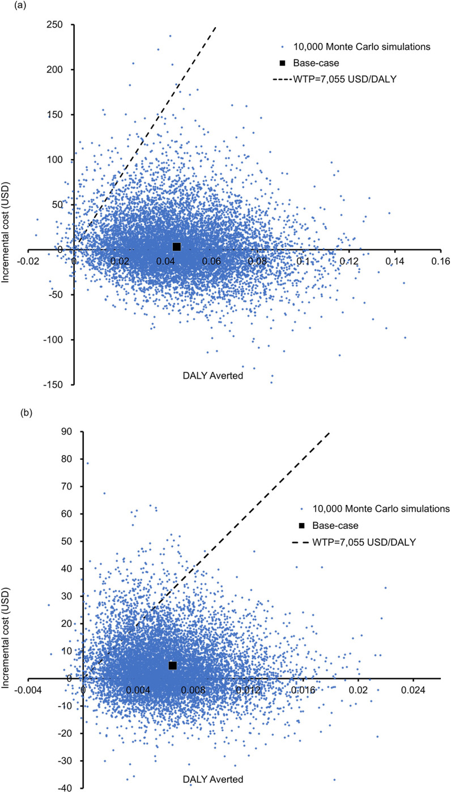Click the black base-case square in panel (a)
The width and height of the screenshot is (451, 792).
point(177,246)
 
